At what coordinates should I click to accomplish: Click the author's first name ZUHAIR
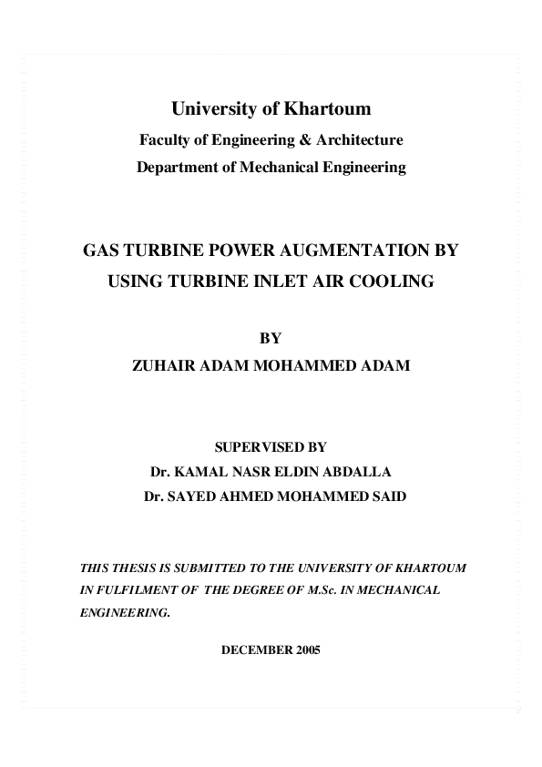pyautogui.click(x=167, y=366)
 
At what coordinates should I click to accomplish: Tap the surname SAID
pyautogui.click(x=388, y=498)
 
